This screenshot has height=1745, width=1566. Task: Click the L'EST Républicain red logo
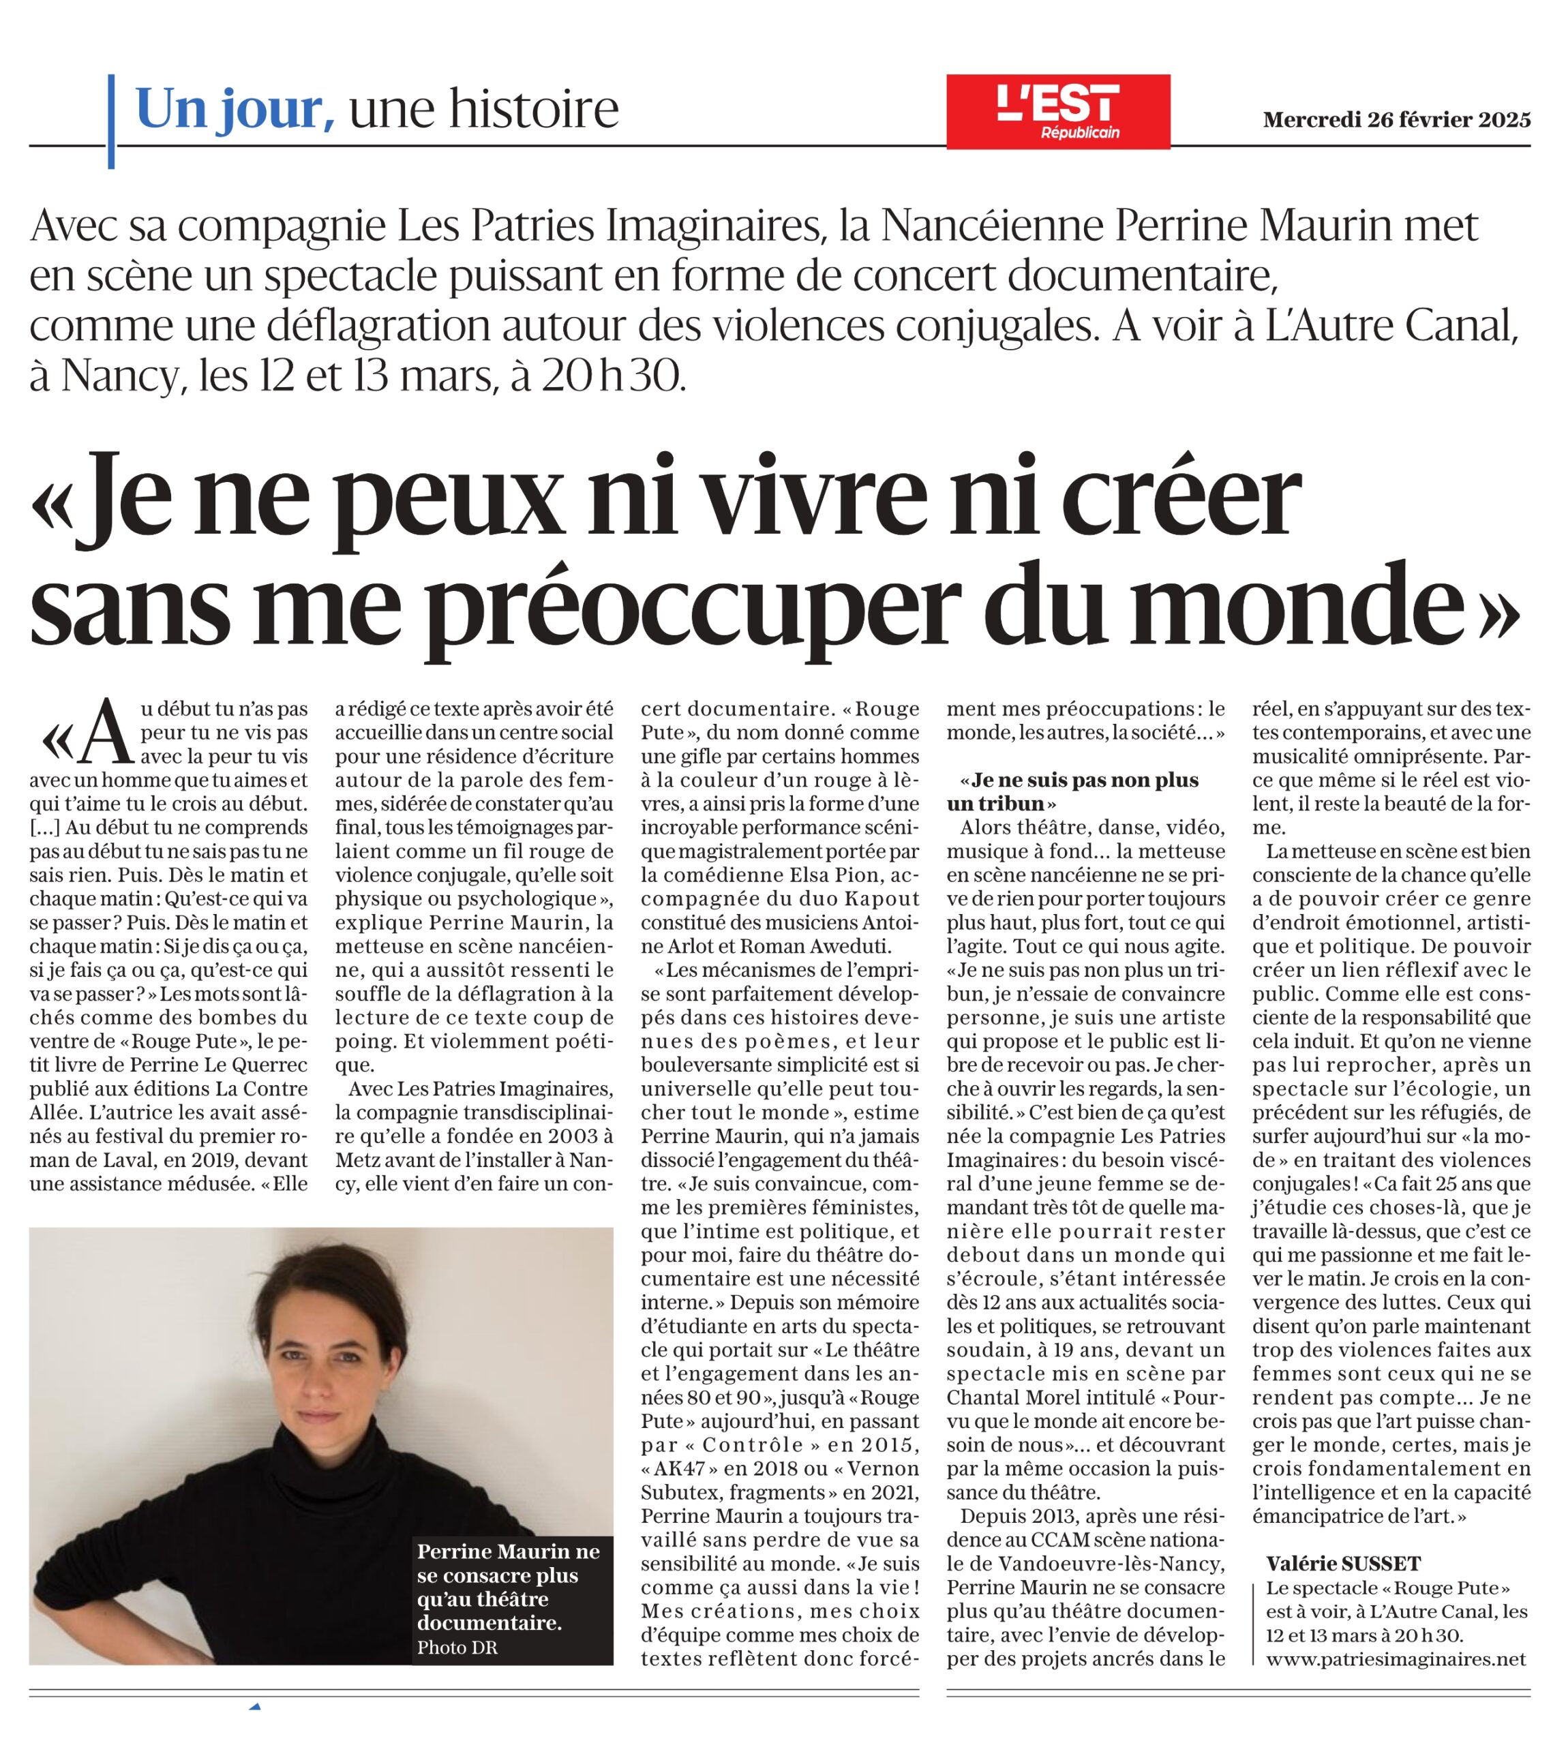tap(1057, 111)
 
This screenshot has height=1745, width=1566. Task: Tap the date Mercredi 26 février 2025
tap(1396, 119)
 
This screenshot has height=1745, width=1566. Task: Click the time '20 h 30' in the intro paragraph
tap(610, 376)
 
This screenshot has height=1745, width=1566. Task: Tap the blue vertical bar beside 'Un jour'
tap(111, 121)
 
